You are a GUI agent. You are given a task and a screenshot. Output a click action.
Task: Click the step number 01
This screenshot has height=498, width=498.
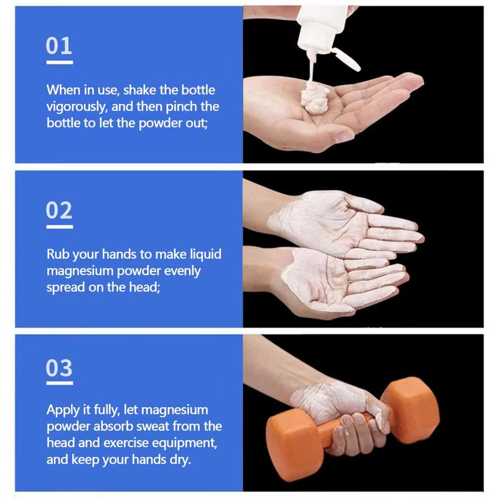coord(59,45)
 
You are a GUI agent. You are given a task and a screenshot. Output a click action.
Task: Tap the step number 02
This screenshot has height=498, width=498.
coord(59,210)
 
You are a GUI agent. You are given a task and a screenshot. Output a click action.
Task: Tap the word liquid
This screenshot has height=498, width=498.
coord(205,255)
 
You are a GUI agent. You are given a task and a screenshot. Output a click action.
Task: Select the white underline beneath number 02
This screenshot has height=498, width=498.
coord(59,227)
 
